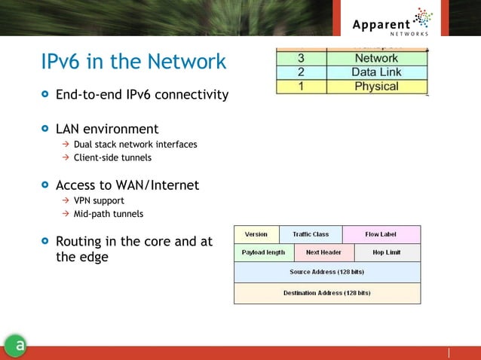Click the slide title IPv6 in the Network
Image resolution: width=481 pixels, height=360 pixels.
pos(133,61)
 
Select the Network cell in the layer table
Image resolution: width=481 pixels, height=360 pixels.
pos(376,58)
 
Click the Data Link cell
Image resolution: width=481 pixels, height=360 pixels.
pos(376,72)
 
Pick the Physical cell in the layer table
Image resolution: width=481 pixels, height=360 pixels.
pos(376,86)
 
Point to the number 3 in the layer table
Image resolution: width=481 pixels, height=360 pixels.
pos(301,58)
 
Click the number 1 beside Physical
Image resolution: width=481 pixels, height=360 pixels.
pos(301,86)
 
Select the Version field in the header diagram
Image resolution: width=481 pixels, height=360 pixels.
pos(256,234)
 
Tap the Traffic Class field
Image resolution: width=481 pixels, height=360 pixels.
pos(311,234)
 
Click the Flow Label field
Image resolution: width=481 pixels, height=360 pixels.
pos(381,234)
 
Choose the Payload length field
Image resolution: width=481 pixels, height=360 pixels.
pos(263,252)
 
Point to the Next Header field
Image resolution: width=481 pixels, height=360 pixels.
pos(323,252)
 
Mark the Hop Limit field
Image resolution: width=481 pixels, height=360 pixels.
pos(386,252)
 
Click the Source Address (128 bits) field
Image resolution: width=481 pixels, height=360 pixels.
pos(326,271)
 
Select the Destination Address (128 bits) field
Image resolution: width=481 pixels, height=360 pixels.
pos(326,293)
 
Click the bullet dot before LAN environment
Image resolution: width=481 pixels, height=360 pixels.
pos(46,129)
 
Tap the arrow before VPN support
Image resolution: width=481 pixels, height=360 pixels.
pos(66,200)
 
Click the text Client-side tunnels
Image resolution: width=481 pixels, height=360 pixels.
pos(112,157)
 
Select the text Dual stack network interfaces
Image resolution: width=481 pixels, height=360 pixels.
pos(135,144)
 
